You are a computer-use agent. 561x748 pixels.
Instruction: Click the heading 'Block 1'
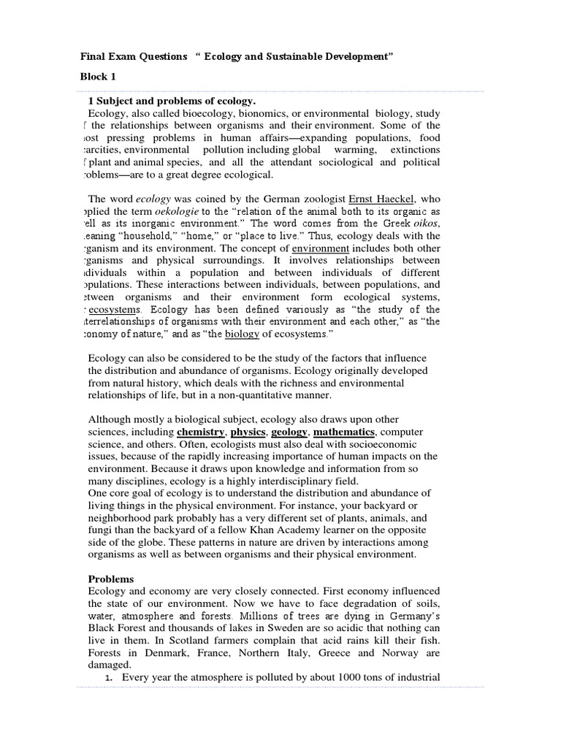point(98,76)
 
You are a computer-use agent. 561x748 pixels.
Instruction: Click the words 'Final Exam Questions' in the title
point(134,57)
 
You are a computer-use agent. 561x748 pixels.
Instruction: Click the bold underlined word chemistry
point(200,432)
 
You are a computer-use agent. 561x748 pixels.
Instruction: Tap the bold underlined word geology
point(294,432)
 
